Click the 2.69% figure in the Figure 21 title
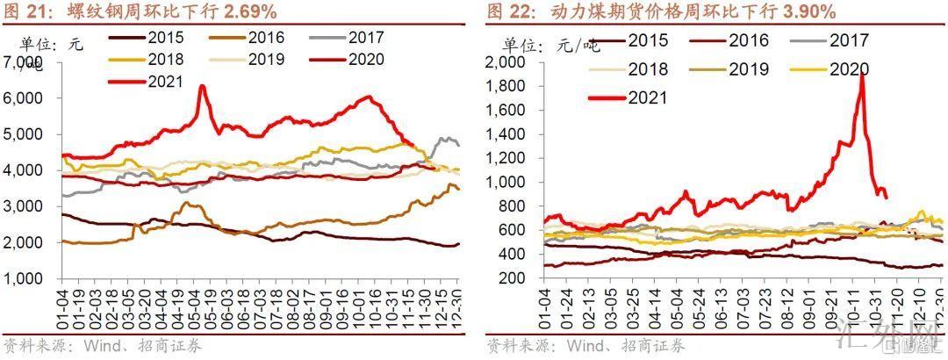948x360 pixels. click(247, 11)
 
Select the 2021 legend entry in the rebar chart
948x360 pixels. click(165, 82)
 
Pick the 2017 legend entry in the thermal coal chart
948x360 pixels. click(849, 40)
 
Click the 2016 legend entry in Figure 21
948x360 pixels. click(266, 38)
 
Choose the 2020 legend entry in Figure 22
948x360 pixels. click(849, 69)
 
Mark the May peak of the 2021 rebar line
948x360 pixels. click(202, 86)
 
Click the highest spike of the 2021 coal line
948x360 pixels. click(862, 74)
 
